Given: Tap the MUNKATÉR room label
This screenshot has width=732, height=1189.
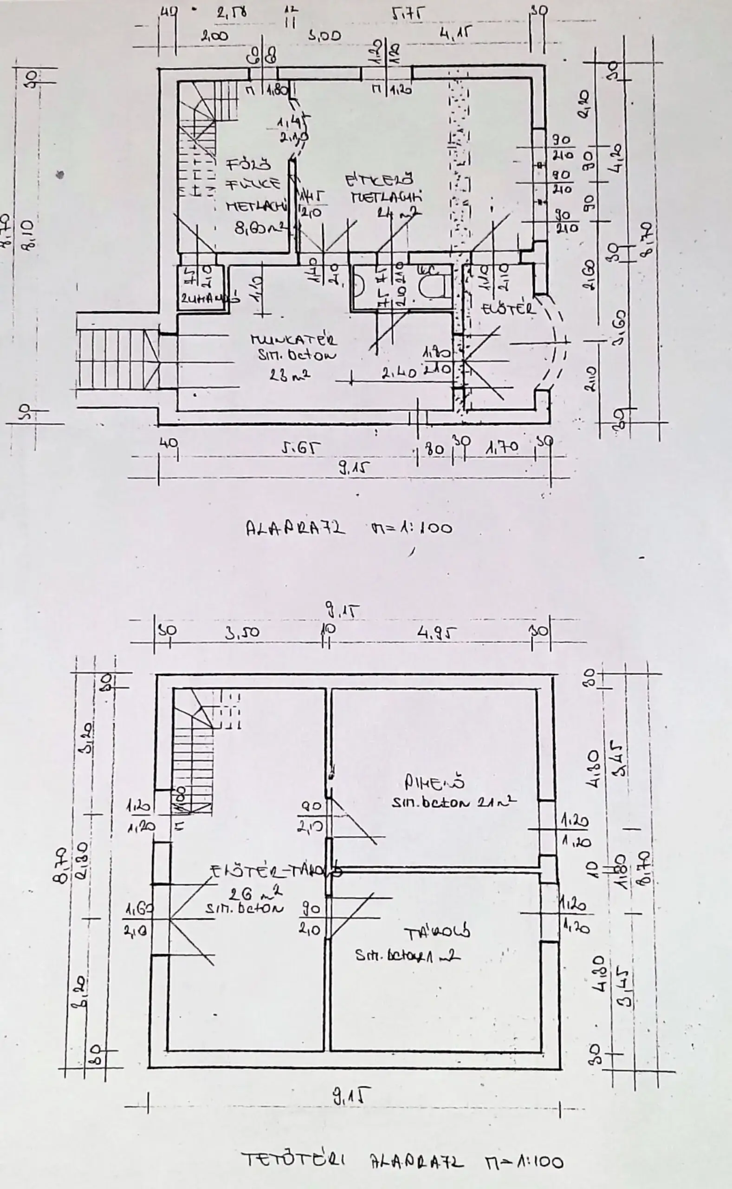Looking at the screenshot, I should point(294,340).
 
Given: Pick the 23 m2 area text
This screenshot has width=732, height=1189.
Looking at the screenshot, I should point(290,374).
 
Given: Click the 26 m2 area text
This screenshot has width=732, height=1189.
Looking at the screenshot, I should point(256,890).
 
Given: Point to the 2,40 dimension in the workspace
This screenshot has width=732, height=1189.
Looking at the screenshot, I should point(399,372).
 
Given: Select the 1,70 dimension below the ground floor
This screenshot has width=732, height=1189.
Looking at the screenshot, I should point(502,447).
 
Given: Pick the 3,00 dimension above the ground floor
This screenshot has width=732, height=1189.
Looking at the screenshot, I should point(325,35).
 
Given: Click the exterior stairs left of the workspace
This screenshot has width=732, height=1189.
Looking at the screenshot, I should point(117,359).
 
